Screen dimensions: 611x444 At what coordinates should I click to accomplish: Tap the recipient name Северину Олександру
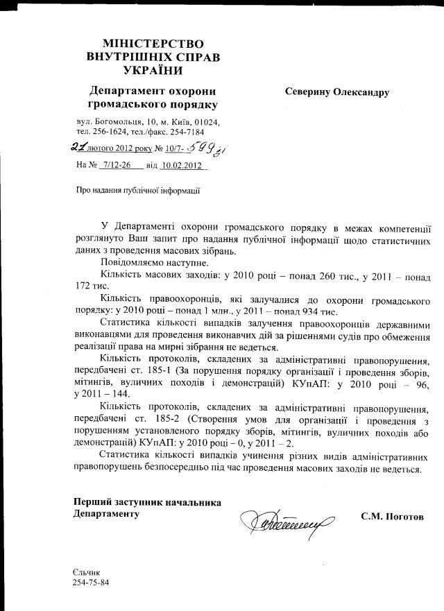point(336,92)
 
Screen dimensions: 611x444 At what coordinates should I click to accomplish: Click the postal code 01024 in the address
point(206,121)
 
